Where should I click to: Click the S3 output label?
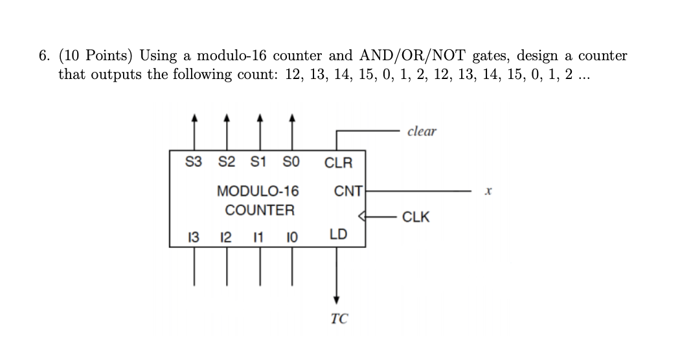coord(193,161)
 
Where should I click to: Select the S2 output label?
coord(227,161)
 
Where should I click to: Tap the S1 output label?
coord(259,161)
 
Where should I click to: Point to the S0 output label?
coord(292,161)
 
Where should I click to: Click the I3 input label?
coord(193,234)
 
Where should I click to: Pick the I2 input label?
coord(227,234)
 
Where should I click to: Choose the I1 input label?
coord(259,234)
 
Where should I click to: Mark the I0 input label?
coord(292,234)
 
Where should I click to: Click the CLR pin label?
coord(338,163)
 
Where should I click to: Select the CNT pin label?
coord(348,192)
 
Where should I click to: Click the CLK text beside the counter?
coord(415,217)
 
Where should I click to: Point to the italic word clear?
coord(422,131)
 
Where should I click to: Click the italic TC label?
coord(338,319)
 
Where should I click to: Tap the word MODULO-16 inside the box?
coord(258,192)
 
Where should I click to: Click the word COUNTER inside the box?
coord(259,210)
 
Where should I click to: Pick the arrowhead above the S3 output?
coord(193,118)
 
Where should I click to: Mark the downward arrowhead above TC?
coord(336,300)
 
